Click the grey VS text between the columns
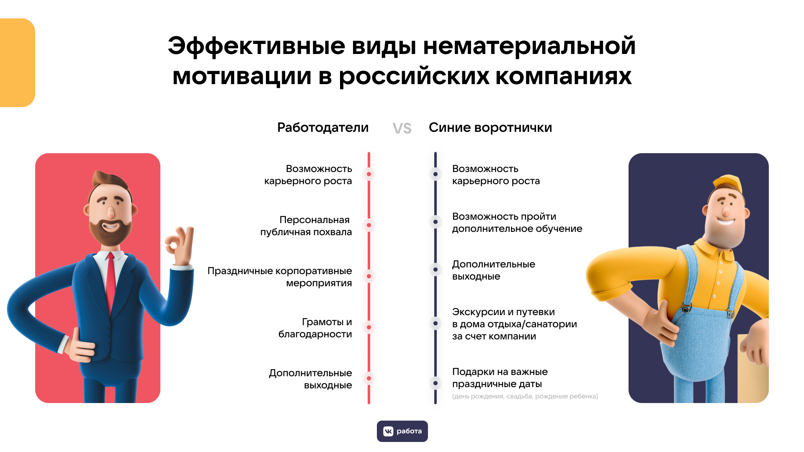(402, 128)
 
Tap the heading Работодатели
(323, 128)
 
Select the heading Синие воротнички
(490, 128)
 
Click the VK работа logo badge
(402, 431)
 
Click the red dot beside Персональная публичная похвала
(369, 225)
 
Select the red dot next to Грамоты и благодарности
(369, 327)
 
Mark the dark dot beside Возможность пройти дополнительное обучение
(435, 222)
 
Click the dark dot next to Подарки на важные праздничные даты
(435, 383)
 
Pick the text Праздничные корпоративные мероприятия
(280, 277)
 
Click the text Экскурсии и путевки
(503, 312)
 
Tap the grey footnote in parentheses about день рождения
(525, 396)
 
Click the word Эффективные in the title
(256, 46)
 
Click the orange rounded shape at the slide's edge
(17, 63)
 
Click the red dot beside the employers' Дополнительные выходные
(369, 378)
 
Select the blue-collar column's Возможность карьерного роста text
(496, 175)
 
